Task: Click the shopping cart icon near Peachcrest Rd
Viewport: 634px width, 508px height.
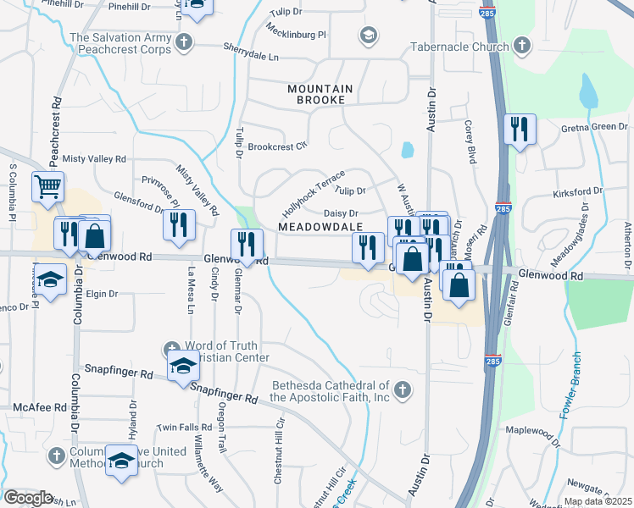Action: (47, 185)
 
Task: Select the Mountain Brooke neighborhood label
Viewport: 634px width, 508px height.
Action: (316, 94)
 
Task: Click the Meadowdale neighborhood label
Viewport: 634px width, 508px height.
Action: (320, 227)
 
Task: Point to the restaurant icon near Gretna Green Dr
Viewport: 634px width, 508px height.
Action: (519, 129)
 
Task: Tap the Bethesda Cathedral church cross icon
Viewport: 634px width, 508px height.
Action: (403, 390)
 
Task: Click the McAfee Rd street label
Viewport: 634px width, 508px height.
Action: (40, 407)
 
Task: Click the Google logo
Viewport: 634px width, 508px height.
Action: (28, 498)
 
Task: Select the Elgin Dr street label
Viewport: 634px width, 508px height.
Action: (102, 294)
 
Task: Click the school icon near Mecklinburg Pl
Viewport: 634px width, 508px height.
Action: (368, 35)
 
